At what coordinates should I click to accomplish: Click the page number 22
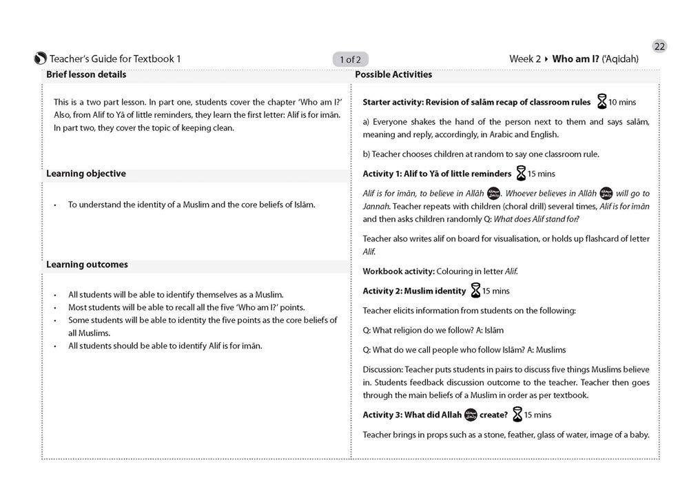tap(659, 47)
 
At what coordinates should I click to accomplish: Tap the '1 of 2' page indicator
tap(351, 59)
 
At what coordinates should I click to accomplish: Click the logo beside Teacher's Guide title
tap(40, 59)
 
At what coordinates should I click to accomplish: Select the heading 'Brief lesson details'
tap(86, 74)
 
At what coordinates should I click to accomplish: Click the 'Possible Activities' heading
tap(393, 74)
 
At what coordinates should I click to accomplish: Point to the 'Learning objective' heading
tap(86, 174)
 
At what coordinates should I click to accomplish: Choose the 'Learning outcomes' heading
tap(87, 265)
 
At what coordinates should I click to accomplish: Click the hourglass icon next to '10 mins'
tap(601, 102)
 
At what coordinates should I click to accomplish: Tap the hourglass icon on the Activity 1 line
tap(521, 173)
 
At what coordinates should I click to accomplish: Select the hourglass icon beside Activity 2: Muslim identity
tap(475, 291)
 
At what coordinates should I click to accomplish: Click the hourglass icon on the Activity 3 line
tap(517, 415)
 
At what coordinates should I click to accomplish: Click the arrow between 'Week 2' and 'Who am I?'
tap(546, 59)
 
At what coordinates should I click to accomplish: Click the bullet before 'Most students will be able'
tap(54, 307)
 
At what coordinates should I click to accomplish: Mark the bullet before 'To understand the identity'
tap(54, 205)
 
